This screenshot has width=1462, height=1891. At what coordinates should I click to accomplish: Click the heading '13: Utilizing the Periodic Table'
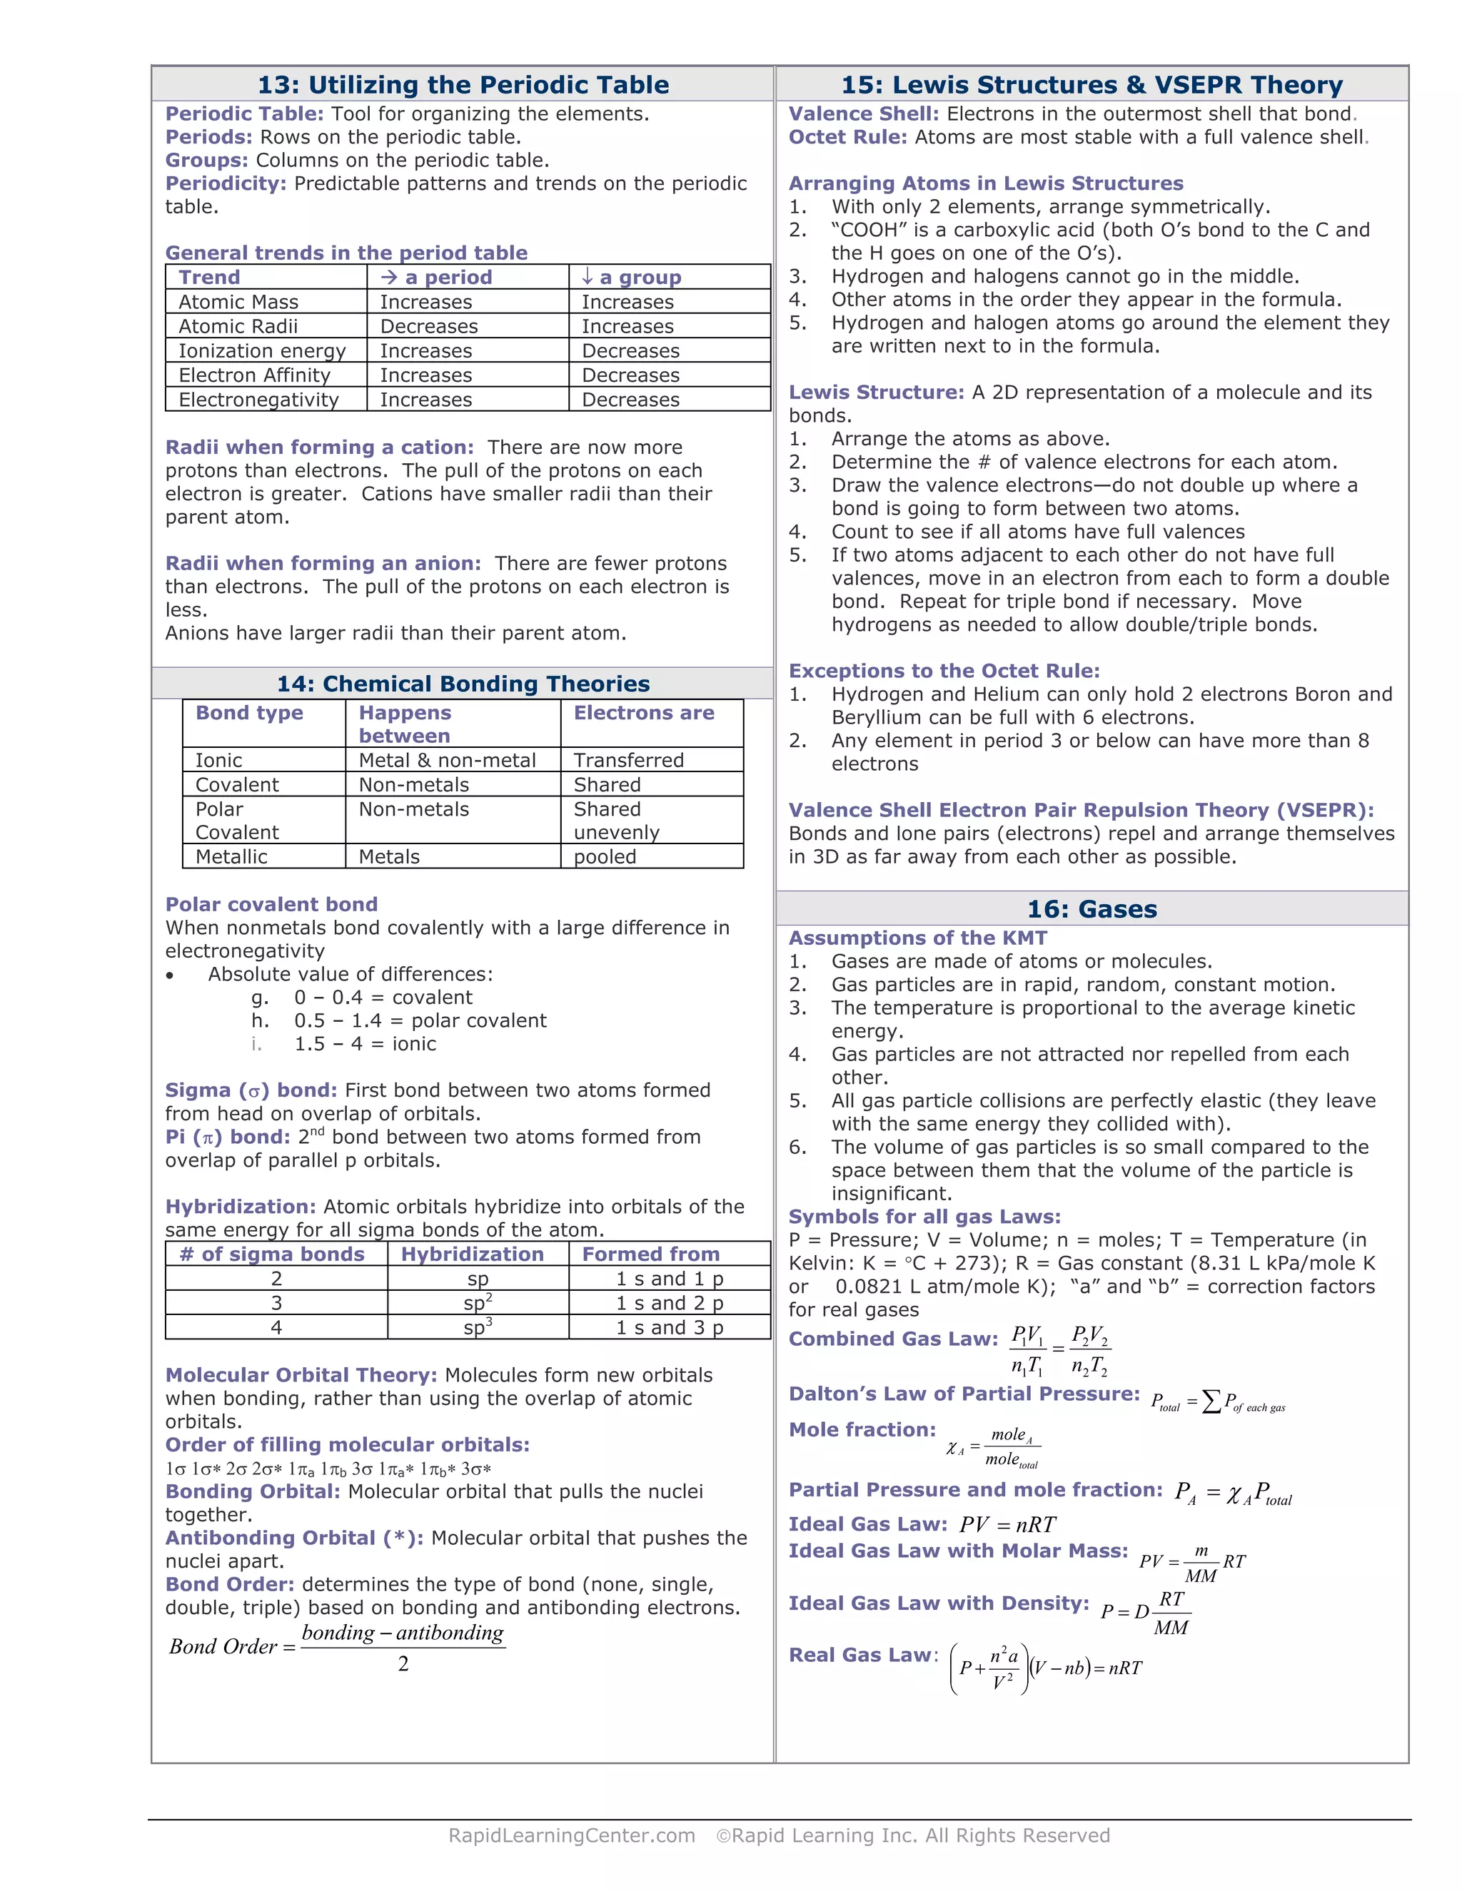463,85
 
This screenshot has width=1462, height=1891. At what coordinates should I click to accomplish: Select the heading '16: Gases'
1092,909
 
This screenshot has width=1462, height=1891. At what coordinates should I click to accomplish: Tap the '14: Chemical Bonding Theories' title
463,684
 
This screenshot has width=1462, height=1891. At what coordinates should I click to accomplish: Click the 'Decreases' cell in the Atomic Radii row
429,326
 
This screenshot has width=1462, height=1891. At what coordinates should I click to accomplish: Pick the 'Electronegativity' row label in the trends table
258,400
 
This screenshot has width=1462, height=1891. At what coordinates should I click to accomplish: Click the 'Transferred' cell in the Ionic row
628,760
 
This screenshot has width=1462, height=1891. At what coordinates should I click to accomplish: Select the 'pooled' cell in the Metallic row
605,857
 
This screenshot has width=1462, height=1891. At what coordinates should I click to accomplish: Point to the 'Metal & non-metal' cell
447,760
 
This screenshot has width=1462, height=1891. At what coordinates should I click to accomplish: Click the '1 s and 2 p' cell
670,1303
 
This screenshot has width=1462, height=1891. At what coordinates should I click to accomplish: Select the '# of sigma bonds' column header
272,1254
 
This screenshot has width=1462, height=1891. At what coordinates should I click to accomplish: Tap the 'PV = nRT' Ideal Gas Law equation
1007,1525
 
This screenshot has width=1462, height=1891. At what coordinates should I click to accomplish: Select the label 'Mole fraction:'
862,1429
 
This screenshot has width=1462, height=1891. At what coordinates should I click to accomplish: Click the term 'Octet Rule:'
847,137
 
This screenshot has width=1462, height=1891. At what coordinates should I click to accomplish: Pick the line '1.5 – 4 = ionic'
365,1044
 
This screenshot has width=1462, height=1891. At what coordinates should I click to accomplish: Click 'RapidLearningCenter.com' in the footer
572,1835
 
